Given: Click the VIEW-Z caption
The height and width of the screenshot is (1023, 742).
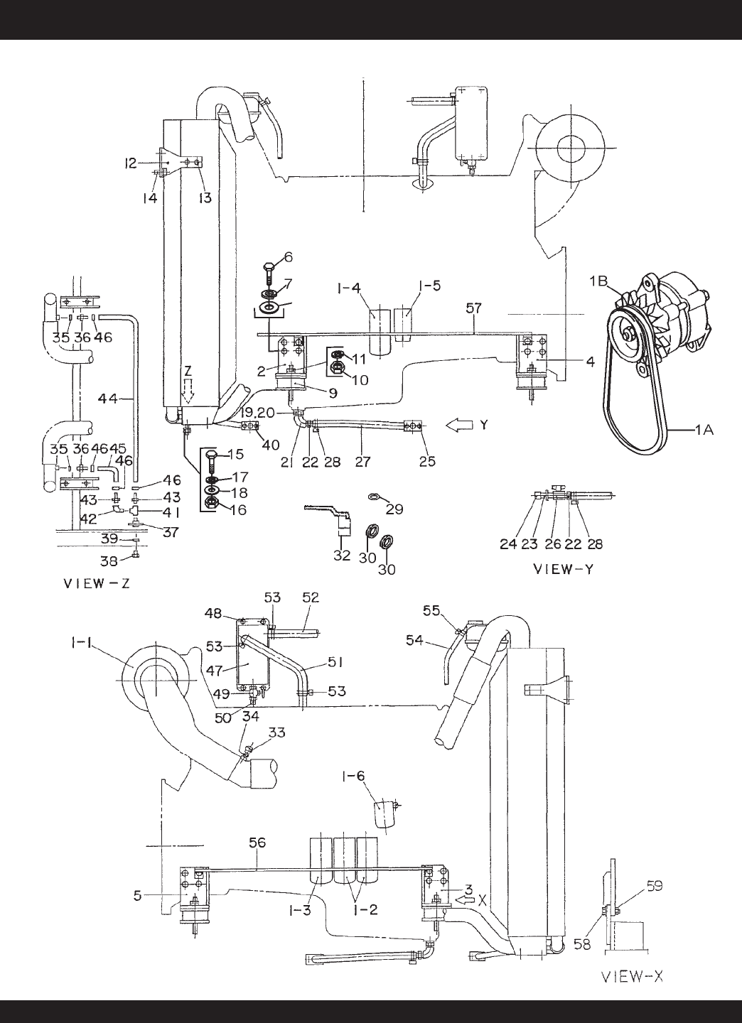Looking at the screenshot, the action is click(97, 584).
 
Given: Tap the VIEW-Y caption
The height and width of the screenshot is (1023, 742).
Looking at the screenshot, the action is click(564, 569).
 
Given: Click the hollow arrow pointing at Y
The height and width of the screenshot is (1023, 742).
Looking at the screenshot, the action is click(460, 426).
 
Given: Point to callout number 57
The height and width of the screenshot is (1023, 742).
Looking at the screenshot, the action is click(474, 309).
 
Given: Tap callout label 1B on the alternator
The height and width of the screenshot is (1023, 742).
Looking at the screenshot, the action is click(602, 281).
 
